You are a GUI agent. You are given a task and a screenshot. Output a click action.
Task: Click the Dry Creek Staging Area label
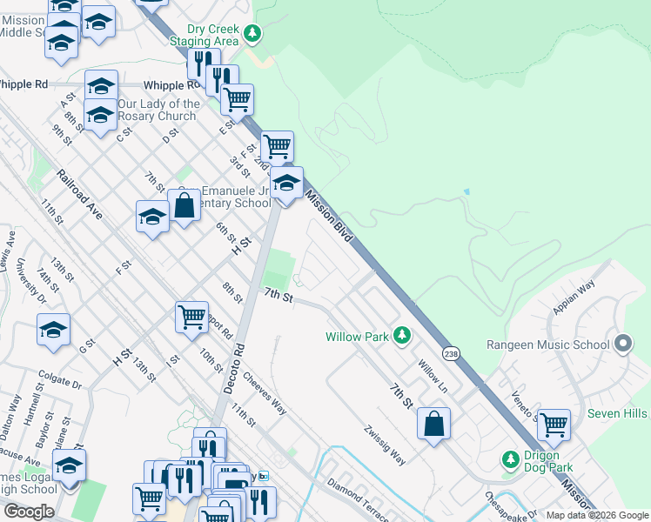tap(200, 34)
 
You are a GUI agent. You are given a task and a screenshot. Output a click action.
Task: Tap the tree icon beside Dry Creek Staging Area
tap(252, 34)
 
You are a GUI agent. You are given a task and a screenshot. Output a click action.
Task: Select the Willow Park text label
tap(356, 336)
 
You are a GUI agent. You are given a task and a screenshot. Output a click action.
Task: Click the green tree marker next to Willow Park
tap(401, 334)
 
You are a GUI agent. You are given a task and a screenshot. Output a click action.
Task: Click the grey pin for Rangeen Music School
tap(621, 344)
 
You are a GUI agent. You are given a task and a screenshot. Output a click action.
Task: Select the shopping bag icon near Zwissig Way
tap(433, 424)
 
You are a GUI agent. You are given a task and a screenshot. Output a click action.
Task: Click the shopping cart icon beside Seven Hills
tap(554, 425)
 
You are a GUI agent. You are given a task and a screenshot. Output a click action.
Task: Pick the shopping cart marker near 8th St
tap(191, 317)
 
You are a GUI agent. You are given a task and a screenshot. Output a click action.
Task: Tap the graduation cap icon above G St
tap(53, 330)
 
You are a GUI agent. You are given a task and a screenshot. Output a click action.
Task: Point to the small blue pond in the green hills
tap(467, 191)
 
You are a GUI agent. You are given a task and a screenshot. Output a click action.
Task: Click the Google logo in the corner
tap(29, 511)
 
